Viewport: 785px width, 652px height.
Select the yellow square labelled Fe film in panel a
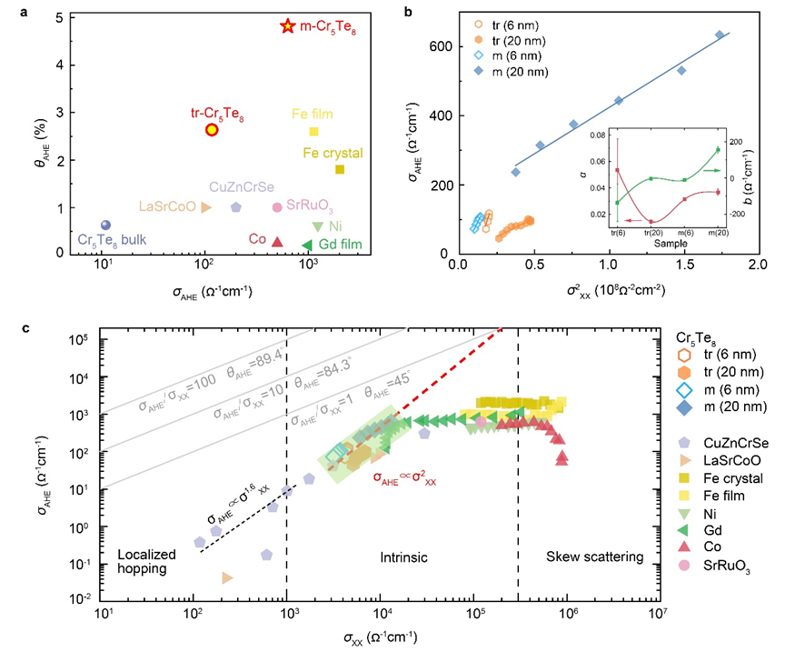pyautogui.click(x=314, y=131)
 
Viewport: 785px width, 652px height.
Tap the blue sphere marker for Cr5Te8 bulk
pyautogui.click(x=105, y=225)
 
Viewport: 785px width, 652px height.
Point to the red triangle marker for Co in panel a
pyautogui.click(x=278, y=242)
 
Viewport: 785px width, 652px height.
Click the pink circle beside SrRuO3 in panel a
pyautogui.click(x=277, y=207)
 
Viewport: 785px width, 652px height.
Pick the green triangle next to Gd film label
pyautogui.click(x=307, y=244)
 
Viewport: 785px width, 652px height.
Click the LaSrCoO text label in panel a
pyautogui.click(x=167, y=207)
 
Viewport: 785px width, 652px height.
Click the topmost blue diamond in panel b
pyautogui.click(x=720, y=35)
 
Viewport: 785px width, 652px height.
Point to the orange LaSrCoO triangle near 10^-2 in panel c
pyautogui.click(x=226, y=577)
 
